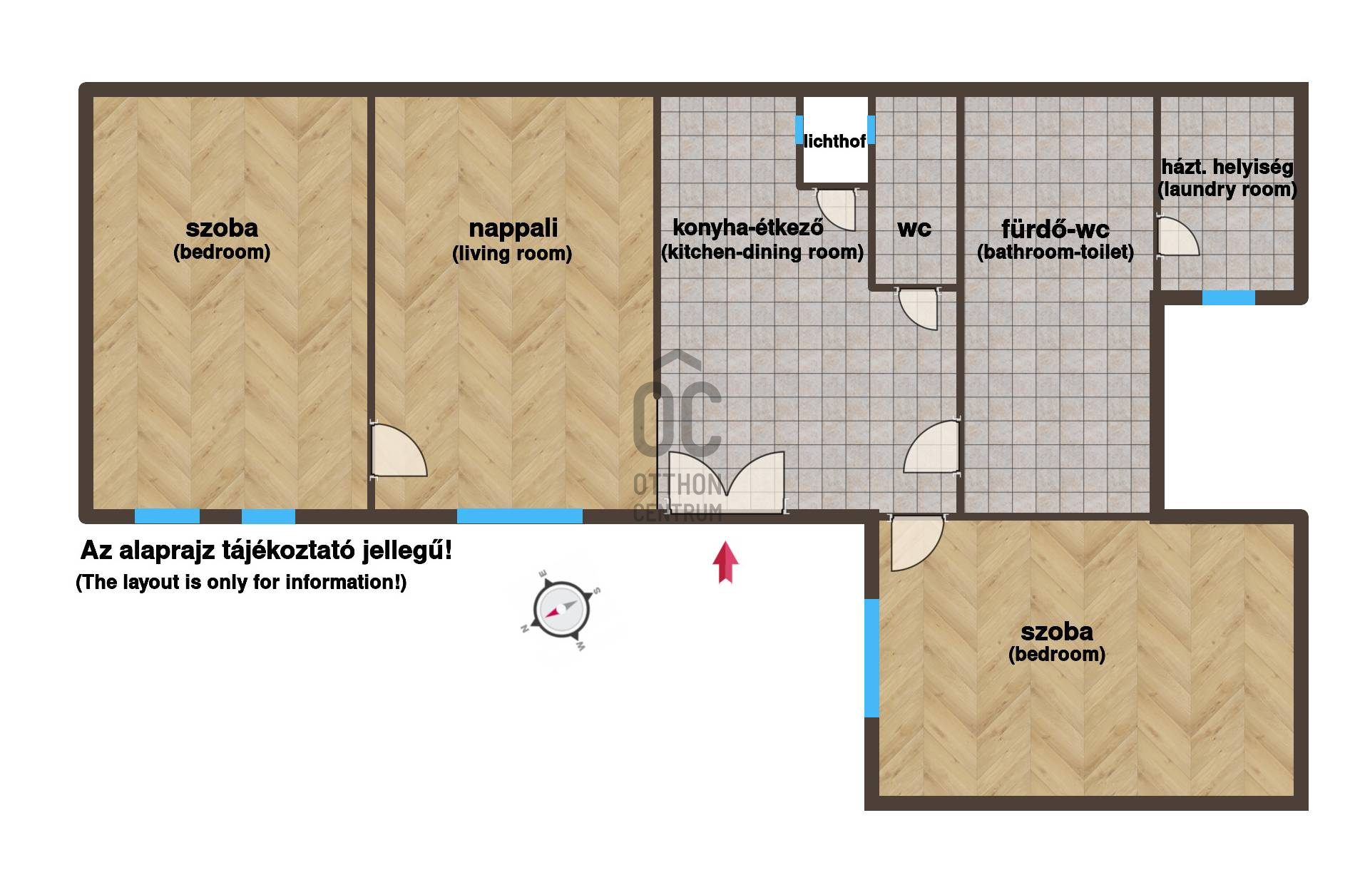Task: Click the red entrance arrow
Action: coord(725,563)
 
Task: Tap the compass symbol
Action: coord(561,610)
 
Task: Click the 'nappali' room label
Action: coord(513,228)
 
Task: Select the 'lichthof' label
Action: coord(834,141)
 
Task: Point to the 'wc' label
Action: coord(914,229)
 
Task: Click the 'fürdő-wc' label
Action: coord(1055,230)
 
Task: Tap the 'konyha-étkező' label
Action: coord(748,227)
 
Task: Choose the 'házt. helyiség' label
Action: coord(1227,168)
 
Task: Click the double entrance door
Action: coord(726,482)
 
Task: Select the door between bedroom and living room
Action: coord(398,451)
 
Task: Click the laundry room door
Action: coord(1177,236)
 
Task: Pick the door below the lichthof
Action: coord(834,208)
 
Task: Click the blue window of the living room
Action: coord(520,516)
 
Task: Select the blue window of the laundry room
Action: coord(1228,298)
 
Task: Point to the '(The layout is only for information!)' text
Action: coord(241,583)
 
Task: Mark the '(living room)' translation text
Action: coord(512,254)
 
